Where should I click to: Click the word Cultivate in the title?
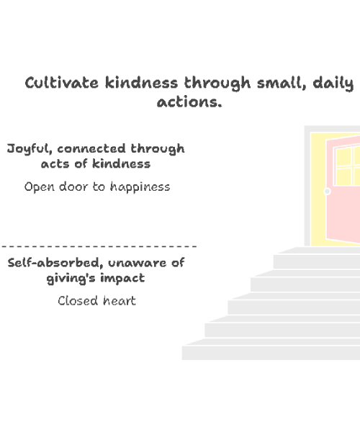(61, 82)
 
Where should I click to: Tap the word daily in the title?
(333, 84)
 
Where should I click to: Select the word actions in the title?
(189, 102)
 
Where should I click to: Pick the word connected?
(91, 148)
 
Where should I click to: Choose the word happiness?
(140, 187)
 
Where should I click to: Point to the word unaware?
(138, 263)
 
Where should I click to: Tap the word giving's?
(71, 278)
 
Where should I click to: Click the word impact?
(122, 278)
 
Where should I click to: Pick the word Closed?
(78, 300)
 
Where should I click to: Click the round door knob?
(327, 191)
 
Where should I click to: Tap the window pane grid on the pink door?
(347, 166)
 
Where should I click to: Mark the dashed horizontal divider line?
(99, 246)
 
